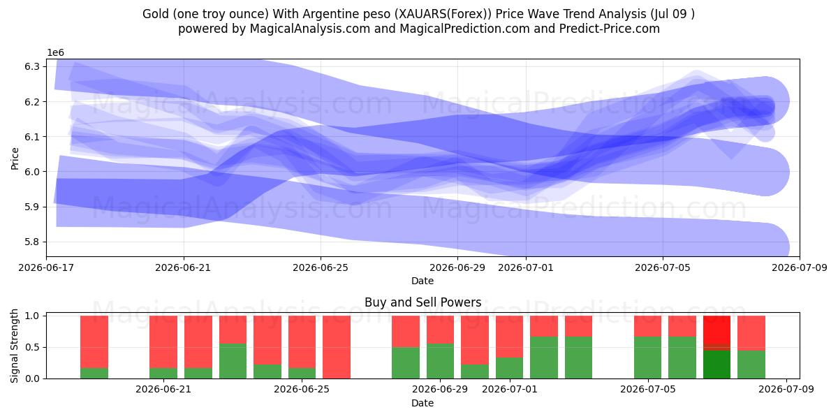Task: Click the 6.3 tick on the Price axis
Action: (32, 66)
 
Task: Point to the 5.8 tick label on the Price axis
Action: (32, 242)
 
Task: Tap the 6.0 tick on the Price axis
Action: (32, 172)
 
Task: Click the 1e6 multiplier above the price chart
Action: (55, 53)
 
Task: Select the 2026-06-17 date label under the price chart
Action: (46, 268)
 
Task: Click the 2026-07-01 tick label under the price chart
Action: (526, 268)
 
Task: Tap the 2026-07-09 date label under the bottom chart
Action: (786, 389)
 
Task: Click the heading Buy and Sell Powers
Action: (422, 302)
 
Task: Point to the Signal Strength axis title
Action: (14, 346)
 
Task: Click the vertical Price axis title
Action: (15, 159)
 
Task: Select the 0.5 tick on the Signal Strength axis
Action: (32, 347)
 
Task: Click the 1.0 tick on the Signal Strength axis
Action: (32, 316)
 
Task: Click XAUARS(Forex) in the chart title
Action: (443, 14)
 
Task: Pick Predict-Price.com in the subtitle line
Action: (610, 29)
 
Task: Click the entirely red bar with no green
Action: (337, 347)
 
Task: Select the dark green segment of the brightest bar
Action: (716, 365)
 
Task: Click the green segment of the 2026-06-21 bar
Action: (163, 374)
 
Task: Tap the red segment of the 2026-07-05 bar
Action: (647, 326)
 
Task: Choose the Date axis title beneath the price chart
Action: (422, 281)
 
